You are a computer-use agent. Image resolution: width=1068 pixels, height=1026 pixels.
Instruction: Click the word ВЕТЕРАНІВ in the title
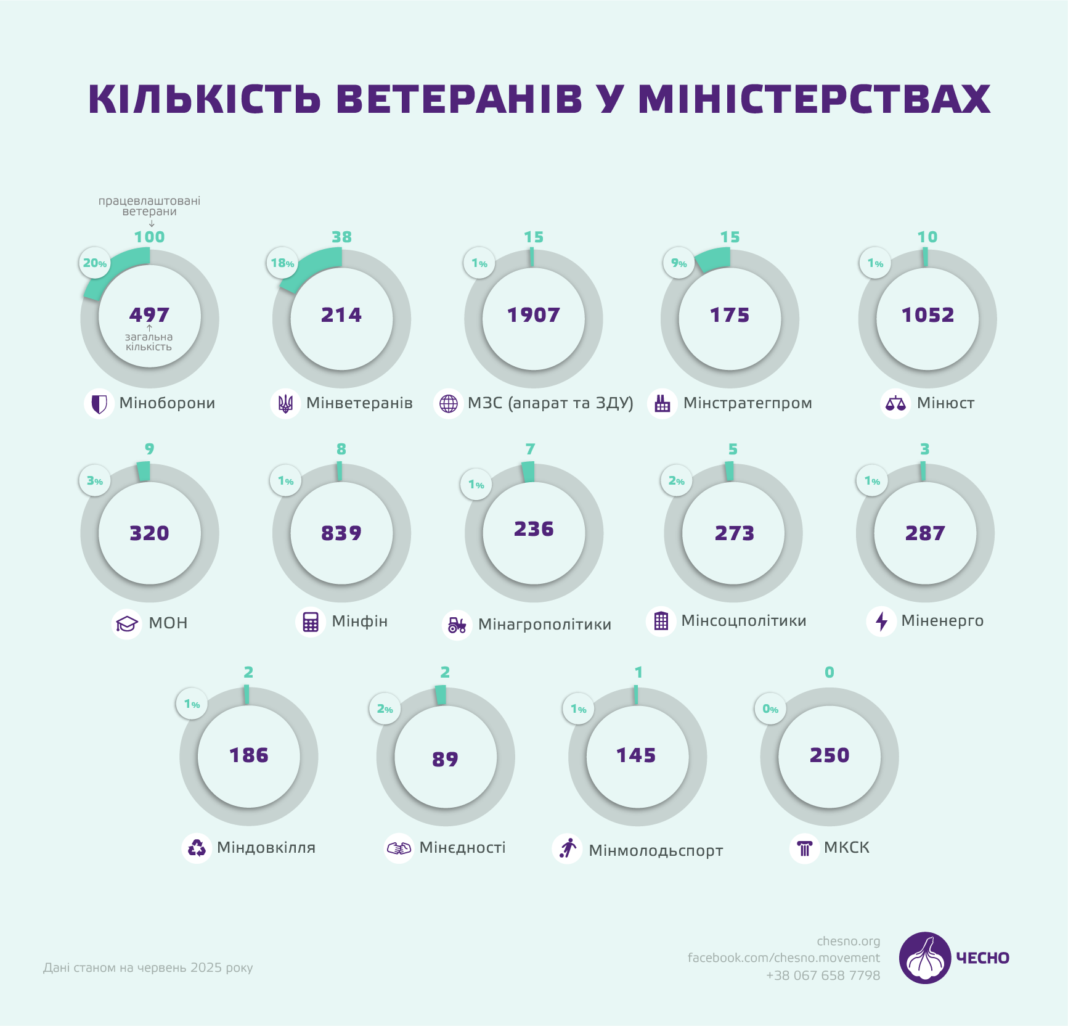click(x=459, y=99)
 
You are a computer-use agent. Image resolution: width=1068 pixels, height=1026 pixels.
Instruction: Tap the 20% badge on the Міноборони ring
click(x=95, y=263)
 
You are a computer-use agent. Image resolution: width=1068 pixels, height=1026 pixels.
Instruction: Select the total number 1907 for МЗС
click(x=533, y=315)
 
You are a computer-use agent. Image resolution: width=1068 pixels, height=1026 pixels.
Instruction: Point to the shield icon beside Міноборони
click(x=99, y=404)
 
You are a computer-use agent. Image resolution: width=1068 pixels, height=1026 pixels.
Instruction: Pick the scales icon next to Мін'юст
click(x=895, y=404)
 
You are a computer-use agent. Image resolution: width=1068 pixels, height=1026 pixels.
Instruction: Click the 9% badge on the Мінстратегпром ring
click(x=679, y=263)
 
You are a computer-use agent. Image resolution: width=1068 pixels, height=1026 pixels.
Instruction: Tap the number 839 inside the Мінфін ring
click(x=341, y=533)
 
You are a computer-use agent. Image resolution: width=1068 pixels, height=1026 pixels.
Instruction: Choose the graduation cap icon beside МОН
click(x=127, y=623)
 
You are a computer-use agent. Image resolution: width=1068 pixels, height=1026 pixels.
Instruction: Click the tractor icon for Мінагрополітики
click(x=457, y=625)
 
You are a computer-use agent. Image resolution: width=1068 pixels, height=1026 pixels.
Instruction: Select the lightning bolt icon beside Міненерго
click(x=881, y=621)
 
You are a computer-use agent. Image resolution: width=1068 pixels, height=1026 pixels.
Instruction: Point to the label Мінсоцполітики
click(x=743, y=621)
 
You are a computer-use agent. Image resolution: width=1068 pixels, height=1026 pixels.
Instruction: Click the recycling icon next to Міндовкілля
click(x=197, y=848)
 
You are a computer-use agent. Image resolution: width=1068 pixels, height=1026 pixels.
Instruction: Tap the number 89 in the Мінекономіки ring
click(x=445, y=759)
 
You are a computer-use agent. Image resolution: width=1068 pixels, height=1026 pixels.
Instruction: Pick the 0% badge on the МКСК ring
click(x=770, y=709)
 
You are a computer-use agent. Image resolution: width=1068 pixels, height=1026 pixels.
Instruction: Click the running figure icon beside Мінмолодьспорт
click(x=568, y=848)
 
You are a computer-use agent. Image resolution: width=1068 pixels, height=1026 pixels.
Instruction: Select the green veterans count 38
click(x=341, y=237)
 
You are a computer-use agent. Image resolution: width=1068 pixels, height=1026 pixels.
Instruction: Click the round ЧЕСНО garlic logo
click(x=924, y=958)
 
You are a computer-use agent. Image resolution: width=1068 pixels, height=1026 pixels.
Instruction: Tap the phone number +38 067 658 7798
click(x=823, y=975)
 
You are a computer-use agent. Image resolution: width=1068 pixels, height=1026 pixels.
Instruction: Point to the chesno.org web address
click(x=848, y=941)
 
